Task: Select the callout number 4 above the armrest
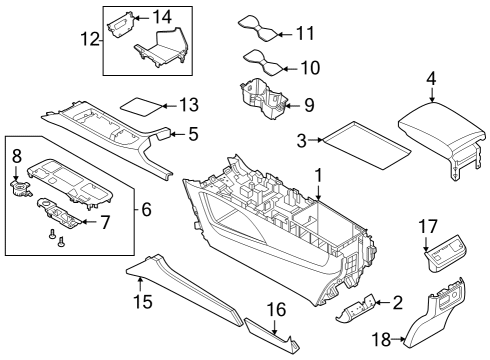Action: [431, 77]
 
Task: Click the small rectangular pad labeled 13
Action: [142, 103]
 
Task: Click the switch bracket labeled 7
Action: [65, 213]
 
